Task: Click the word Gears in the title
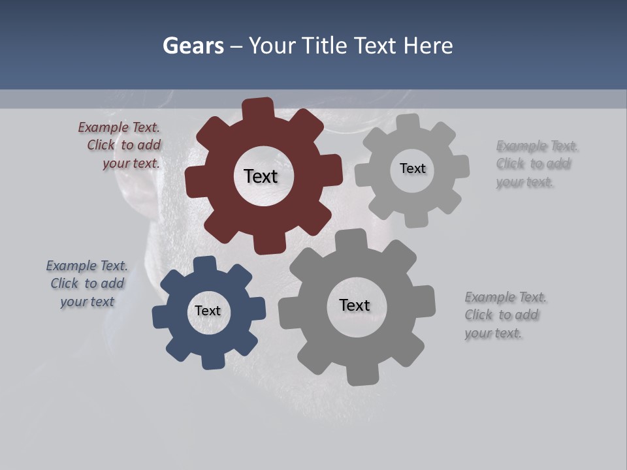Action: coord(193,46)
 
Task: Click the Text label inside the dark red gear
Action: coord(261,176)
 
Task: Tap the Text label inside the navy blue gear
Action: coord(208,311)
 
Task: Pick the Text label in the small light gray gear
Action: coord(413,168)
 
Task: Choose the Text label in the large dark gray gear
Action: coord(355,305)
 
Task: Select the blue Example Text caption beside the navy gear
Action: coord(87,284)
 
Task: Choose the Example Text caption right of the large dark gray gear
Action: coord(504,315)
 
